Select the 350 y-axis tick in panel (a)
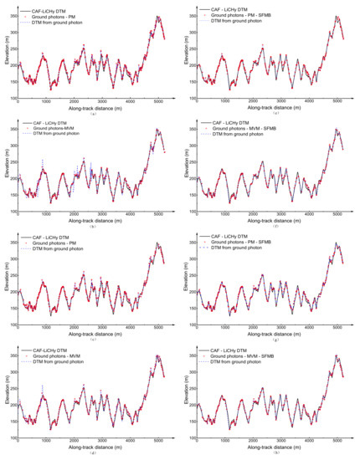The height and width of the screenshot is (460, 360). [13, 16]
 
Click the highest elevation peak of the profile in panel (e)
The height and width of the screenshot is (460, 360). [336, 16]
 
